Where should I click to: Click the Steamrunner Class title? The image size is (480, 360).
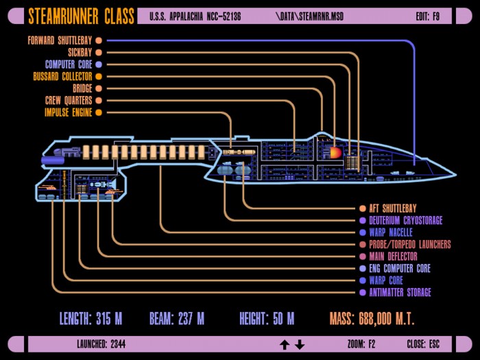point(81,16)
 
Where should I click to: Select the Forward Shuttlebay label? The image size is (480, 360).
point(60,40)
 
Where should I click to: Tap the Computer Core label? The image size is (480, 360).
point(69,64)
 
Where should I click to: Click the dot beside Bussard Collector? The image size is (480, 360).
point(99,77)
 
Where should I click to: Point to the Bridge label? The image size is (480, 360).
point(82,88)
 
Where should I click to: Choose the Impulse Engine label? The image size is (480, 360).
point(69,112)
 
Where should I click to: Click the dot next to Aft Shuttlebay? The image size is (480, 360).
point(363,208)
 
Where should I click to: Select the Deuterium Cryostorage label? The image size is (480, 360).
point(406,220)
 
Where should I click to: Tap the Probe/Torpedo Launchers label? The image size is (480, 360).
point(410,244)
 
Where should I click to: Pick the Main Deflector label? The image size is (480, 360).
point(393,256)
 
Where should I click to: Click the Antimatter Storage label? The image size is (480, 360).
point(400,292)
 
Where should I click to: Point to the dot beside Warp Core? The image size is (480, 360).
point(363,280)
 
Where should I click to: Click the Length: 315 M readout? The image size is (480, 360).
point(91,319)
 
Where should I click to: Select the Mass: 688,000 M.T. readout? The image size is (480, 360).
point(372,319)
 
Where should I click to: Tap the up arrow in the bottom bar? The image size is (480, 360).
point(285,345)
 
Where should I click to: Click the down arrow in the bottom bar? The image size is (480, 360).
point(300,345)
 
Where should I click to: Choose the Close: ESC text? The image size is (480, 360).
point(423,344)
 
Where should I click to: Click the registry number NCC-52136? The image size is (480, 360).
point(224,16)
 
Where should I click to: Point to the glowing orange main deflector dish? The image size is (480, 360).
point(335,152)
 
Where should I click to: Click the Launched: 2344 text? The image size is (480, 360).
point(101,344)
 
